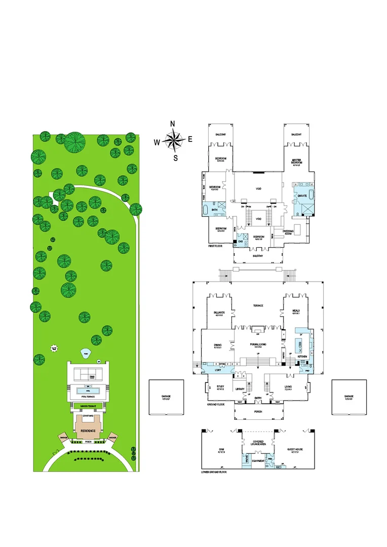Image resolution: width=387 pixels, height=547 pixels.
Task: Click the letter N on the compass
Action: pyautogui.click(x=173, y=124)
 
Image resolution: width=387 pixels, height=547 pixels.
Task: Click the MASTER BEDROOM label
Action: pyautogui.click(x=296, y=162)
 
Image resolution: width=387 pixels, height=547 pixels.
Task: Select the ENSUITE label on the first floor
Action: pyautogui.click(x=302, y=196)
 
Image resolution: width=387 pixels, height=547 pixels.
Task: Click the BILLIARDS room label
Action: pyautogui.click(x=219, y=312)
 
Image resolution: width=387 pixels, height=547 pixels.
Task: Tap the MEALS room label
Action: pyautogui.click(x=296, y=311)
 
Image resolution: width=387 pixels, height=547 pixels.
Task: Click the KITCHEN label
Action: pyautogui.click(x=302, y=357)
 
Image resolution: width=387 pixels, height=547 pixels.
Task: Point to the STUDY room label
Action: pyautogui.click(x=220, y=388)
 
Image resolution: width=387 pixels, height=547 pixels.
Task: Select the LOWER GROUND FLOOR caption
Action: pyautogui.click(x=214, y=472)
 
